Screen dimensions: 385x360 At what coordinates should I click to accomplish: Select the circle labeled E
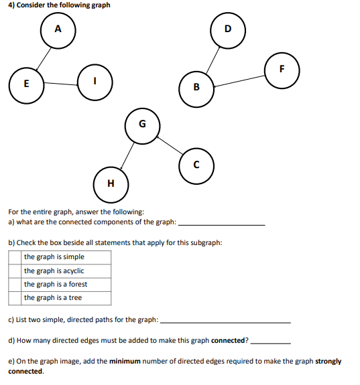[x=26, y=84]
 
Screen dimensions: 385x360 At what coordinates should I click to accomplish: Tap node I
[x=95, y=80]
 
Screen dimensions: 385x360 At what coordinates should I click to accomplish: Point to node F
[x=282, y=69]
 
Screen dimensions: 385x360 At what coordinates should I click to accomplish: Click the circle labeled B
[x=196, y=87]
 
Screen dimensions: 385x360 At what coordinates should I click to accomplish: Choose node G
[x=141, y=125]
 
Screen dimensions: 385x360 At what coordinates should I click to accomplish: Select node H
[x=111, y=183]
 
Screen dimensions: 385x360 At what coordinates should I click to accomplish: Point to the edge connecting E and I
[x=60, y=84]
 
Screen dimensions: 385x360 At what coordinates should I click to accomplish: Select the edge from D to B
[x=212, y=58]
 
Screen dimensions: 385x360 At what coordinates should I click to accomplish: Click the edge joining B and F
[x=239, y=78]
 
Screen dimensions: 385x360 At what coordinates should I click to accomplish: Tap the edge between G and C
[x=169, y=144]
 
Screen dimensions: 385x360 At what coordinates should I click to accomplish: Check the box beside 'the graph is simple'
[x=15, y=257]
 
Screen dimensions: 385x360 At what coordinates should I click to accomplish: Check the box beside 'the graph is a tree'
[x=15, y=298]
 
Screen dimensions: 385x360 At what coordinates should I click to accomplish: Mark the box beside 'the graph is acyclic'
[x=15, y=271]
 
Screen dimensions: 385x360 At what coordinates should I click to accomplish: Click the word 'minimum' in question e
[x=125, y=362]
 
